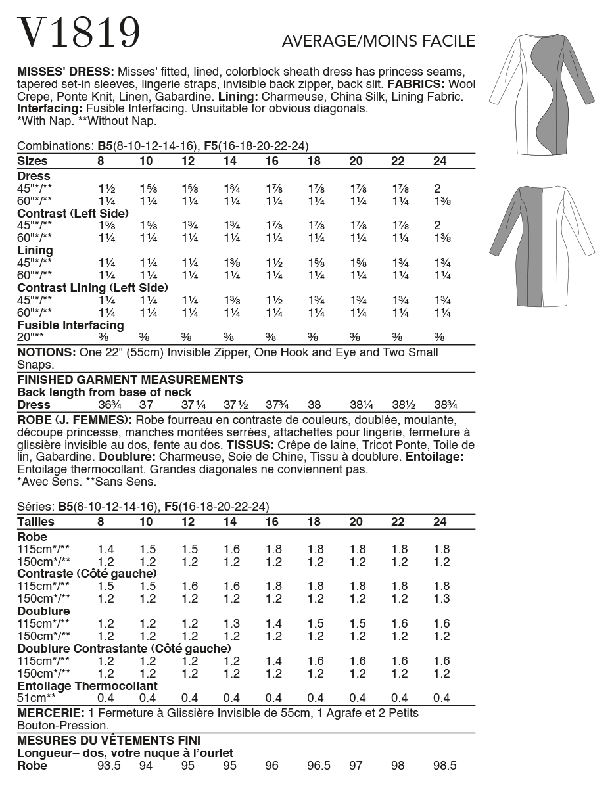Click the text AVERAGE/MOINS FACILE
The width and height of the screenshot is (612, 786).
(378, 41)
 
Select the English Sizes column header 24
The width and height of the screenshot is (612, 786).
(440, 161)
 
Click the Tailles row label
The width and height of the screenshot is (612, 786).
(35, 522)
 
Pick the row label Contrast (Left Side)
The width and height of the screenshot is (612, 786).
(72, 214)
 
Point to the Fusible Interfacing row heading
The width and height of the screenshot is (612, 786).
(70, 325)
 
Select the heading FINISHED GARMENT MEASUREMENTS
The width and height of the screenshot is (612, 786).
(129, 380)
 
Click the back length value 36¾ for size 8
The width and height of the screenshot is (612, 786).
(105, 405)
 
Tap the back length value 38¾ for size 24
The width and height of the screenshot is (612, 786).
(445, 405)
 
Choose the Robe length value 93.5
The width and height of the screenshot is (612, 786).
(108, 766)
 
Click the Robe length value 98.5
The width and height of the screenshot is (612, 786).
(445, 766)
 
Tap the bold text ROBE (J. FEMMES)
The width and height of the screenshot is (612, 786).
(74, 419)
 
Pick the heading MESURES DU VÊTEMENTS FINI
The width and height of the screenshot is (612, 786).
(108, 741)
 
